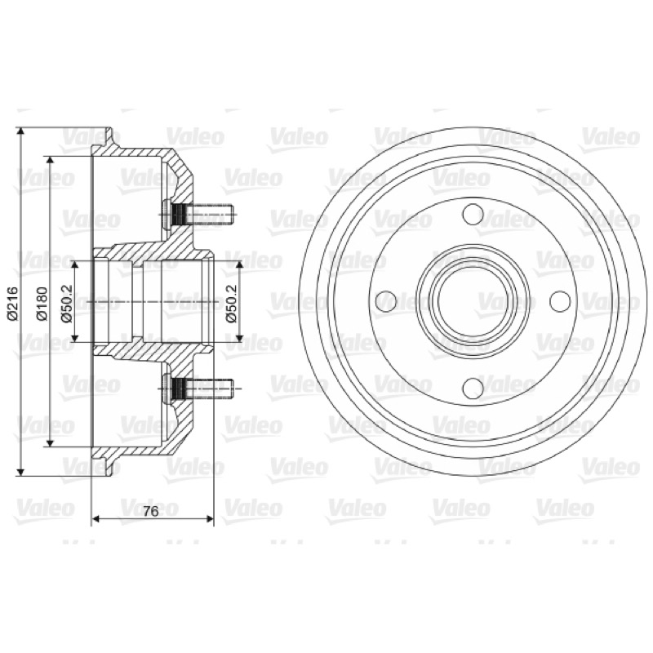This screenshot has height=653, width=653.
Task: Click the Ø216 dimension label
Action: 13,303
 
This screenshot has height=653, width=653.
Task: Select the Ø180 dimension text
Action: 42,303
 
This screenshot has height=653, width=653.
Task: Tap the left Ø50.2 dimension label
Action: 67,303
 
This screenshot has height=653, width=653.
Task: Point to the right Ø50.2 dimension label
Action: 231,303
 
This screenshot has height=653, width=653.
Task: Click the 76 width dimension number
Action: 151,511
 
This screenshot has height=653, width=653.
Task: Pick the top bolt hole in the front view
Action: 473,214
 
